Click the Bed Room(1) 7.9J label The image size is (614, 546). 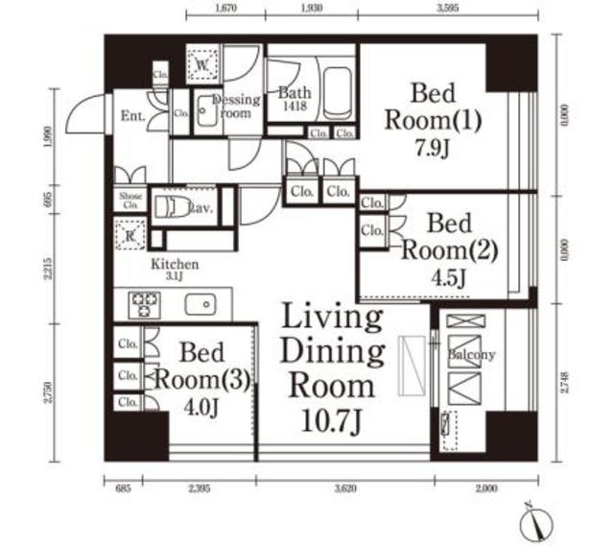pos(432,122)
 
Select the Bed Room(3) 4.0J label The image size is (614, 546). pos(201,376)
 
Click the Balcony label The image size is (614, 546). pos(471,354)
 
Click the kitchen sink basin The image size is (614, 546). pos(203,305)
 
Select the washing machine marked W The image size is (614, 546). pos(204,64)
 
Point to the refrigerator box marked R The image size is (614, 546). pos(129,234)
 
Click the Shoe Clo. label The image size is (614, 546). pos(130,200)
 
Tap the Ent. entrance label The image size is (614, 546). pos(133,117)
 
